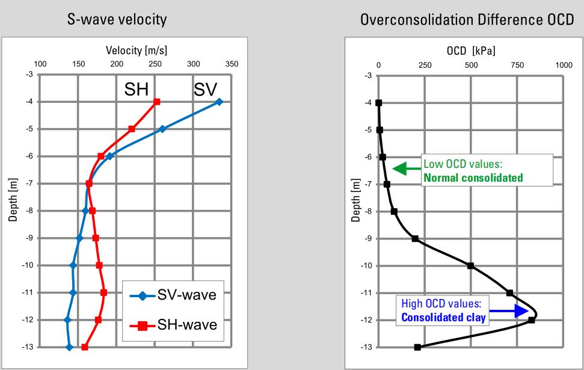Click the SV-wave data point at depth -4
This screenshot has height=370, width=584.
(219, 102)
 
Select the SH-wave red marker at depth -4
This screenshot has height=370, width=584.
(157, 102)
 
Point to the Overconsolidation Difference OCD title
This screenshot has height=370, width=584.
(467, 20)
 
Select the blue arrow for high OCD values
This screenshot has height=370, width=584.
(515, 311)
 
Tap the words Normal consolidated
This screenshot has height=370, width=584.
(473, 177)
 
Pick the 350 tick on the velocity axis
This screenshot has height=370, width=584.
(232, 64)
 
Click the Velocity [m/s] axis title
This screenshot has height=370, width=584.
(135, 52)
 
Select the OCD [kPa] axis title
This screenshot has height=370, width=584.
(471, 51)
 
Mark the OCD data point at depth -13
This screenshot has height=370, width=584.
(417, 347)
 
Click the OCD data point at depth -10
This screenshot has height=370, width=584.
(470, 265)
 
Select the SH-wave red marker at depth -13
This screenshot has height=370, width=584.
(85, 347)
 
